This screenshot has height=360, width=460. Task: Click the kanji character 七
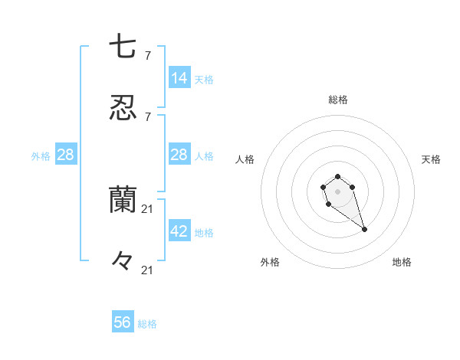pos(123,47)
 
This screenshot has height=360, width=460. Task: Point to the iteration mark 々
pos(123,261)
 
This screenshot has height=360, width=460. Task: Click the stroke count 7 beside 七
pos(148,55)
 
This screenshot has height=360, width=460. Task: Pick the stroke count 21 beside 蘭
pos(149,208)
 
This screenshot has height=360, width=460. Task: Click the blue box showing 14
pos(179,78)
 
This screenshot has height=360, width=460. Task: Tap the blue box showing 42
pos(179,231)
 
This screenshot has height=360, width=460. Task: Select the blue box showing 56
pos(123,322)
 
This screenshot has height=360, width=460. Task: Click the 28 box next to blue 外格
pos(66,155)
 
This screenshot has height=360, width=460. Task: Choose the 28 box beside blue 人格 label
pos(179,155)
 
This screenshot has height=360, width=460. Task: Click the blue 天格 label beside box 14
pos(204,79)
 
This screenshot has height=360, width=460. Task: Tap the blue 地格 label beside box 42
pos(204,232)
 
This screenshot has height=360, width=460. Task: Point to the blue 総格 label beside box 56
pos(147,324)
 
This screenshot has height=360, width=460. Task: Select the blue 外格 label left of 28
pos(41,155)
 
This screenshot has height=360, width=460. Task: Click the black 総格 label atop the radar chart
pos(338,100)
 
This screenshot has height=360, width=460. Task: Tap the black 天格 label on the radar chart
pos(431,159)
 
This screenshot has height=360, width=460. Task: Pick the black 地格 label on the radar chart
pos(402,262)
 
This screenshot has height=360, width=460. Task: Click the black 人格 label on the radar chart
pos(245,159)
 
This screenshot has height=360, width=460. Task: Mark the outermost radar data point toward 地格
pos(364,229)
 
